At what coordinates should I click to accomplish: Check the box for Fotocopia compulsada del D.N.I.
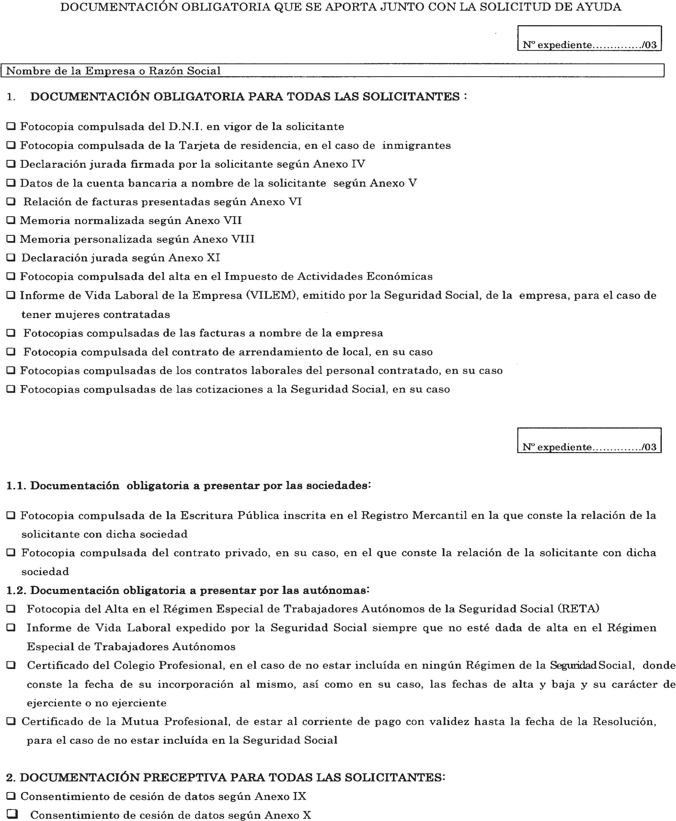pyautogui.click(x=11, y=126)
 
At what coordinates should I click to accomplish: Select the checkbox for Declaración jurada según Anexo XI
pyautogui.click(x=11, y=257)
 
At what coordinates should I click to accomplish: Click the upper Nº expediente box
pyautogui.click(x=589, y=38)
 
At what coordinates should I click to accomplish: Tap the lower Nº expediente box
pyautogui.click(x=589, y=440)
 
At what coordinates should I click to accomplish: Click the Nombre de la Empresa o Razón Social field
pyautogui.click(x=332, y=71)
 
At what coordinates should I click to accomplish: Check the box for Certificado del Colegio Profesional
pyautogui.click(x=11, y=665)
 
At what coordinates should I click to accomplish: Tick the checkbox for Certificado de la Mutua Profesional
pyautogui.click(x=11, y=721)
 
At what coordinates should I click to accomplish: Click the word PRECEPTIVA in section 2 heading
pyautogui.click(x=184, y=777)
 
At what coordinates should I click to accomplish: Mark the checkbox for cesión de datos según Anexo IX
pyautogui.click(x=11, y=796)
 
